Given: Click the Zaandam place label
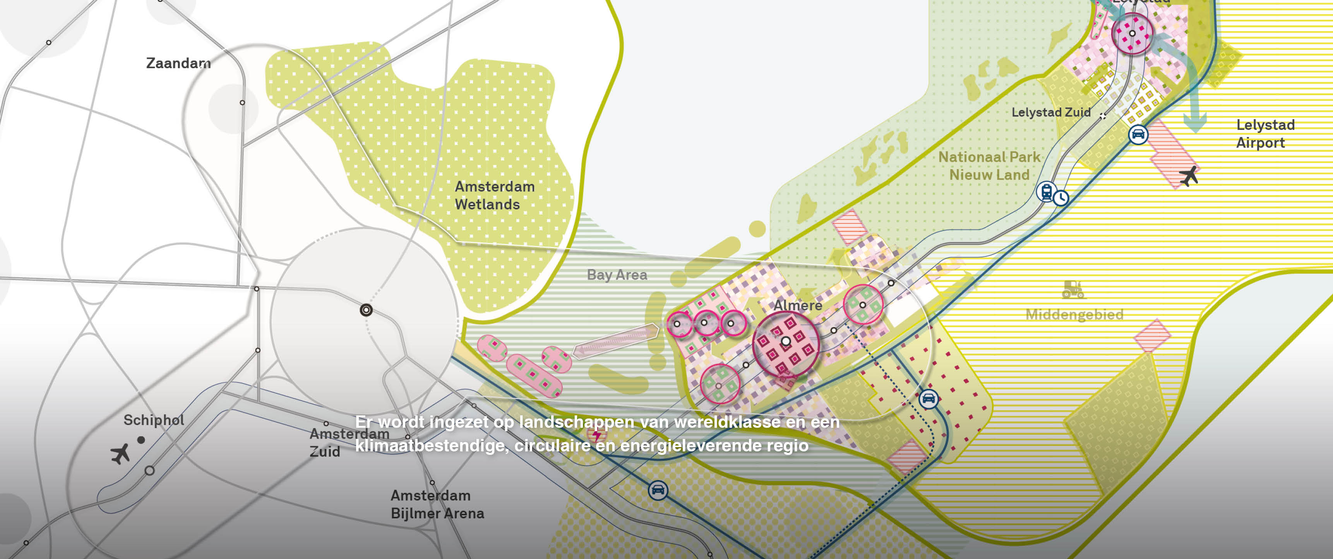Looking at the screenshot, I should [178, 63].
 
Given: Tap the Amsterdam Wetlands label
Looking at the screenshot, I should [494, 195].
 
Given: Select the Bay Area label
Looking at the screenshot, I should [617, 275].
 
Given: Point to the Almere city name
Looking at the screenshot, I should [797, 305].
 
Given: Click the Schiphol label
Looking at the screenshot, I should [154, 420].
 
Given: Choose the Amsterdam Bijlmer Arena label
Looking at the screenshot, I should [437, 504].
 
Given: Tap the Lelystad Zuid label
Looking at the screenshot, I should [1050, 112].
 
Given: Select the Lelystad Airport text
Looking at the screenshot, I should [1265, 134].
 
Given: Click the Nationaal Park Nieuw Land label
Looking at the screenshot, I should [989, 166].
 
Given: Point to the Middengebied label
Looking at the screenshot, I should [1074, 314].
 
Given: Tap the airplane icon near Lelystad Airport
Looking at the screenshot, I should [1189, 176].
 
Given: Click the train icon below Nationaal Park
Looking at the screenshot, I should [1046, 192].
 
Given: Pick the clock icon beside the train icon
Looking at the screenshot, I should [1061, 198].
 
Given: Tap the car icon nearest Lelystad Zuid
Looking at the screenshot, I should [1138, 135].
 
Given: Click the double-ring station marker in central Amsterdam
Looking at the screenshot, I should [366, 310].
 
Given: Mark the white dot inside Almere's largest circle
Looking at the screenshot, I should [786, 341].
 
